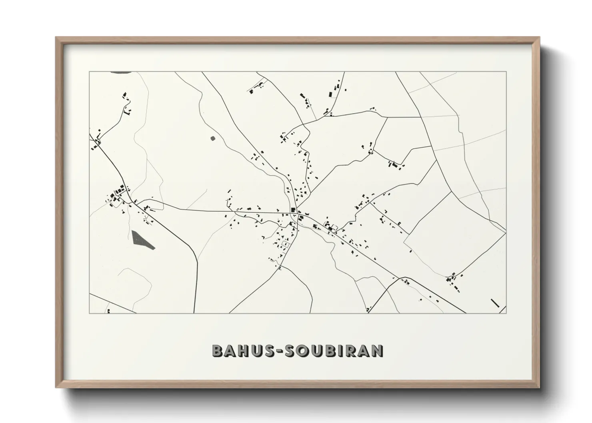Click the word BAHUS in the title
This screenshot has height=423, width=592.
click(x=240, y=351)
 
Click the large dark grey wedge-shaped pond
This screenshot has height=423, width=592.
click(x=141, y=240)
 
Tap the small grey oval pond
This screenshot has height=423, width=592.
click(x=212, y=138)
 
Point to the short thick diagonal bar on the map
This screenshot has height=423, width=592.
click(x=495, y=303)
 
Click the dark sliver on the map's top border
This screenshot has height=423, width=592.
click(x=120, y=72)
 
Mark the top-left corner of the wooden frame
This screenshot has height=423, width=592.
click(x=56, y=38)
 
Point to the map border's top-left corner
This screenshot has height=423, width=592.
click(x=89, y=72)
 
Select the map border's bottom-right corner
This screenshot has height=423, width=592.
click(x=506, y=313)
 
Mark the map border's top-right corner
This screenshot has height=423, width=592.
click(x=506, y=72)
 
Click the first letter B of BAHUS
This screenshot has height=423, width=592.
click(x=218, y=351)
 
